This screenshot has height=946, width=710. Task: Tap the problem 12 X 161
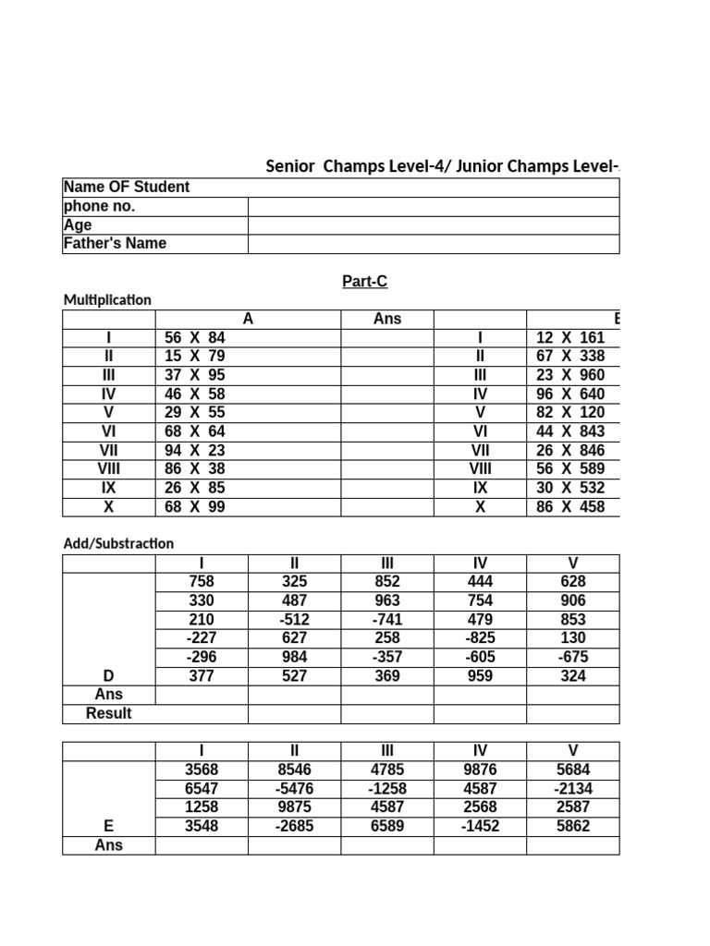[x=569, y=338]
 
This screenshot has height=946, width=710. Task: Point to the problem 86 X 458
[x=569, y=507]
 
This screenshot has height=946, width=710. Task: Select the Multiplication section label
[x=107, y=300]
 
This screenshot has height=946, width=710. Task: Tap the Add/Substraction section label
[x=118, y=544]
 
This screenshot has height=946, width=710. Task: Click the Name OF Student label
[x=127, y=188]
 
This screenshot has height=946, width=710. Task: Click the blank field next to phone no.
[x=433, y=207]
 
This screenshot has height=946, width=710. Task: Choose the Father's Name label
[x=115, y=244]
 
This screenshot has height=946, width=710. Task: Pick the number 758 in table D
[x=202, y=582]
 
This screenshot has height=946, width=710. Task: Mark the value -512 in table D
[x=294, y=620]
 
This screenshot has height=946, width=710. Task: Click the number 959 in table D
[x=481, y=676]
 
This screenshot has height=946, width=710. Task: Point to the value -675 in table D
[x=573, y=658]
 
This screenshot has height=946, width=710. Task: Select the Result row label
[x=109, y=714]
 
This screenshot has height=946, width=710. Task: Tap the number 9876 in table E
[x=481, y=770]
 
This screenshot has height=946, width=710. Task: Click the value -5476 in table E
[x=294, y=789]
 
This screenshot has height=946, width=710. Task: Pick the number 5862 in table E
[x=573, y=827]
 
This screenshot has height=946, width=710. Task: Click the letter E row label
[x=109, y=827]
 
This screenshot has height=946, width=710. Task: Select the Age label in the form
[x=78, y=225]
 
